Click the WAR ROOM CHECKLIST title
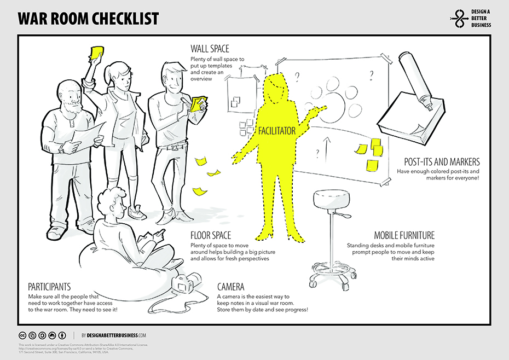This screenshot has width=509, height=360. [x=88, y=19]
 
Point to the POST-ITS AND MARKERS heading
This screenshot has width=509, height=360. [x=442, y=162]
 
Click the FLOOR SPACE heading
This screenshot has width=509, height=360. [x=211, y=235]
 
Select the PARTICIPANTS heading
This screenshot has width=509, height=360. [x=50, y=287]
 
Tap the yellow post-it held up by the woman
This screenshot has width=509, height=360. [x=97, y=51]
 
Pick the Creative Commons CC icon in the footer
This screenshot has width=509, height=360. [x=22, y=335]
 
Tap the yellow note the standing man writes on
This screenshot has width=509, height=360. [x=199, y=103]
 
